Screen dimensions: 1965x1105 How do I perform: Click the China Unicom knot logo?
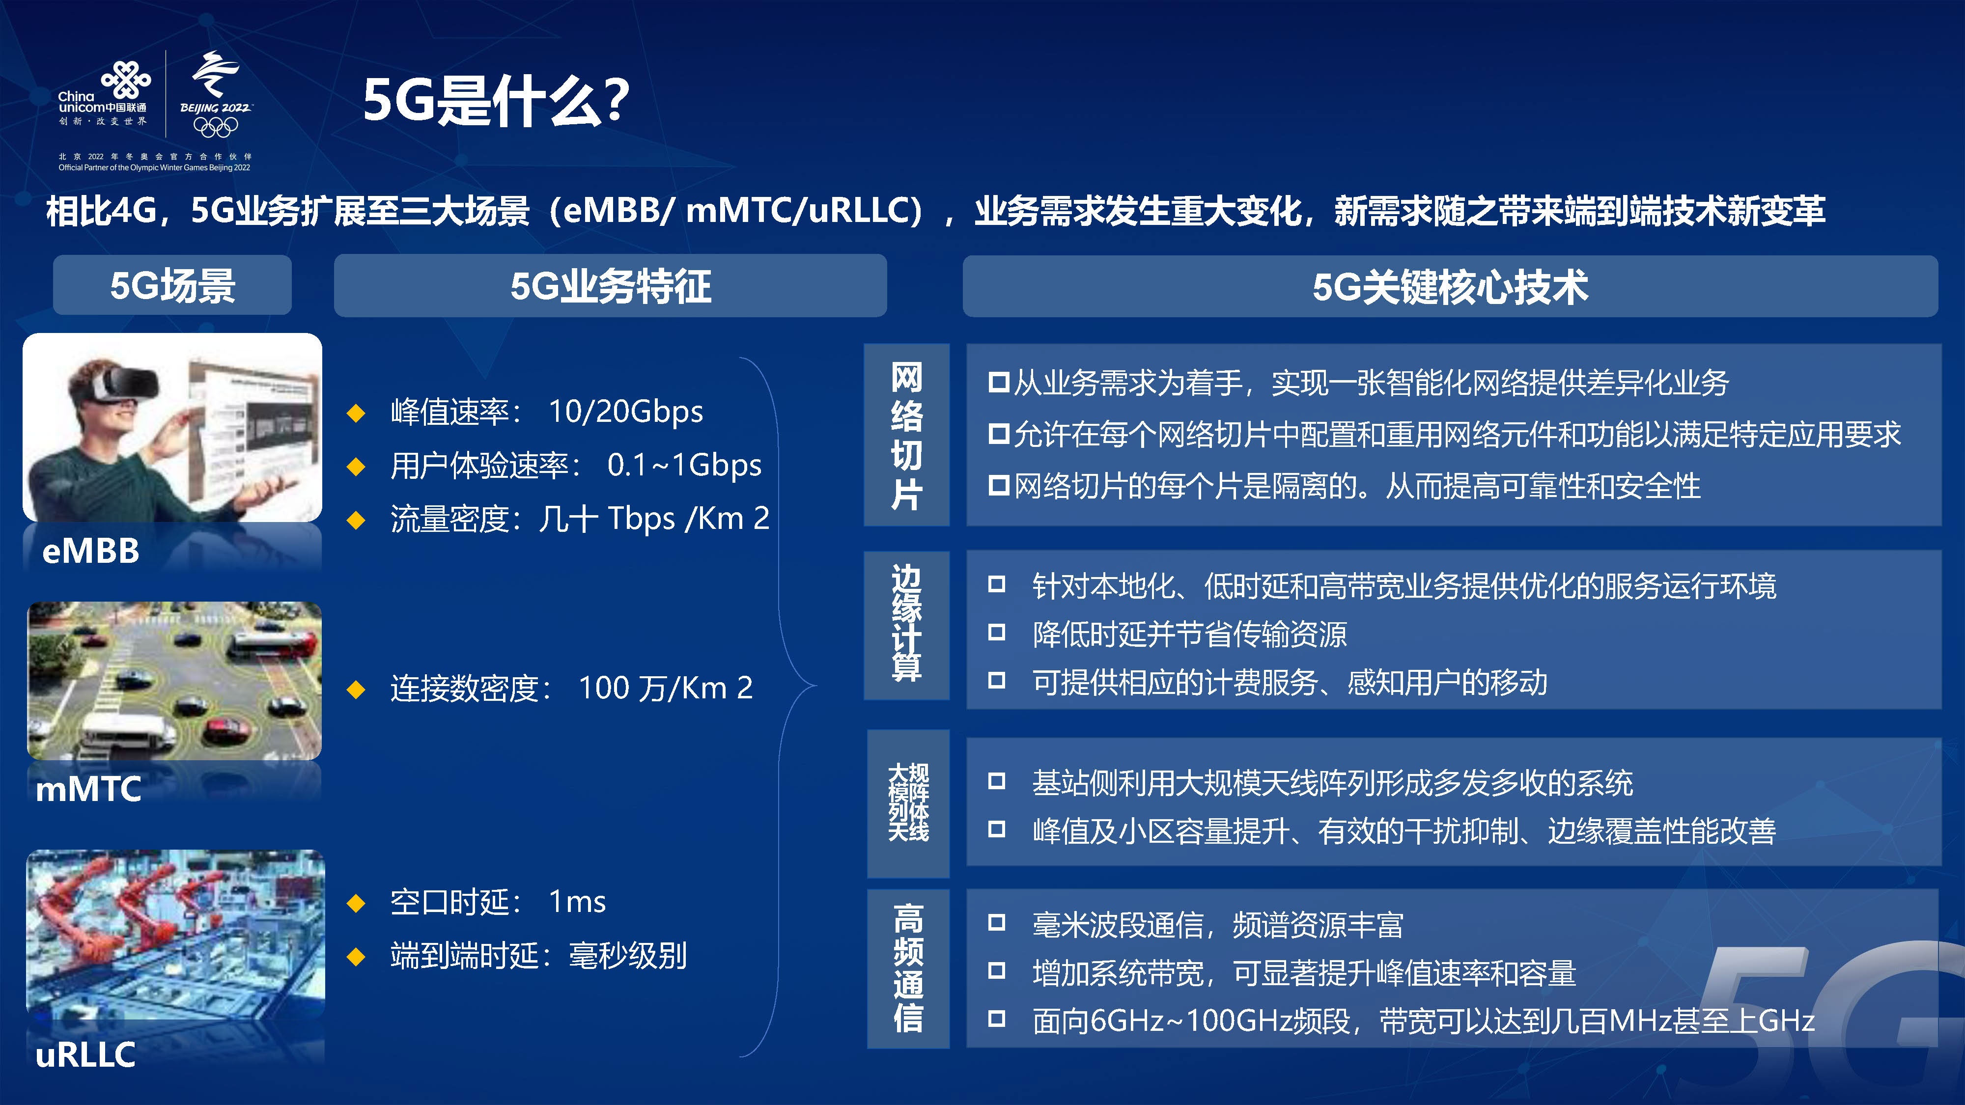click(127, 79)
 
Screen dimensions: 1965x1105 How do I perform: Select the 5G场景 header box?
click(172, 285)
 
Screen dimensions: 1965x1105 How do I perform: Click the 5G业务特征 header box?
click(610, 286)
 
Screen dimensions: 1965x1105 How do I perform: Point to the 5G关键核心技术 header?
click(1450, 287)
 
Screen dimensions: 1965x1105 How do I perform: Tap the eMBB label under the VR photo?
click(91, 551)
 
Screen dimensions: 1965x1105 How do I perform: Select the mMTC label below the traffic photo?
click(88, 789)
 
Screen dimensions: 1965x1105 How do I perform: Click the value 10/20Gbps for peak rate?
click(625, 412)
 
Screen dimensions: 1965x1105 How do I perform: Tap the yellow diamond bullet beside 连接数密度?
click(356, 690)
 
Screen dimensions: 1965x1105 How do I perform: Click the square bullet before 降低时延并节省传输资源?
click(996, 632)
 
